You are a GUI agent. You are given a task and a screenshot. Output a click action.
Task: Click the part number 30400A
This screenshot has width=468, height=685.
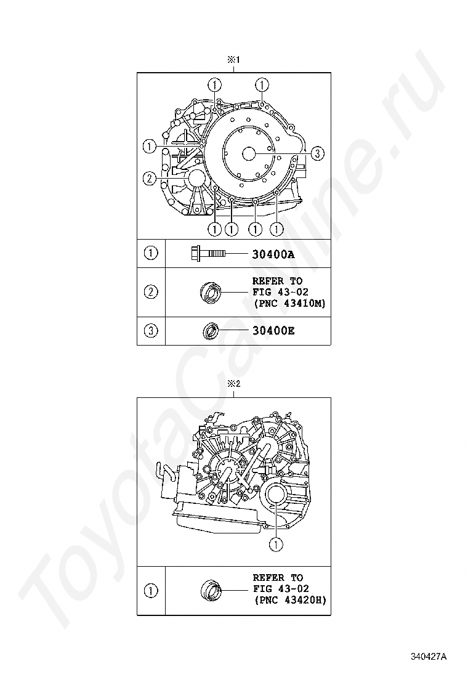[273, 253]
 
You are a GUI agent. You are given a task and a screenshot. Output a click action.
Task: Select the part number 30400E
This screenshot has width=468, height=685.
[273, 331]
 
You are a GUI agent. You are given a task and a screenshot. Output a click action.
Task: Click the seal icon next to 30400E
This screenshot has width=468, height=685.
[211, 331]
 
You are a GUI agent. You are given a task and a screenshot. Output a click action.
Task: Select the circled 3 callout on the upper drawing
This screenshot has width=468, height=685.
[316, 153]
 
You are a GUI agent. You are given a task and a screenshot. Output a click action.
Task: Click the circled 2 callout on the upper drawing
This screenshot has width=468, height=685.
[149, 179]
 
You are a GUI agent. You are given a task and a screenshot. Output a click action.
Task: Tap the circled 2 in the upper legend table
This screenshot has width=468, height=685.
[151, 292]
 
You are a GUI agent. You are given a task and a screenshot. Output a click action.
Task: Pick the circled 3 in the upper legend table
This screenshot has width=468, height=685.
[151, 331]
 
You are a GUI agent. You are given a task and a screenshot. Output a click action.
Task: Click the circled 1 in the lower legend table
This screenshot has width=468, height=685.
[151, 591]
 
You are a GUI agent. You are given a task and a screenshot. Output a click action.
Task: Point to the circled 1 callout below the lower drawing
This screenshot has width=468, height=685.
[276, 544]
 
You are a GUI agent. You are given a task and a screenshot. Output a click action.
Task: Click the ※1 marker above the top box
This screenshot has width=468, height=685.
[233, 60]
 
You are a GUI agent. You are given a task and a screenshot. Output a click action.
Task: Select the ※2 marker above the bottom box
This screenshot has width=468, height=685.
[233, 384]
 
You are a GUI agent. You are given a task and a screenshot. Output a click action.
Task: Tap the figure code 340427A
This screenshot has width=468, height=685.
[429, 657]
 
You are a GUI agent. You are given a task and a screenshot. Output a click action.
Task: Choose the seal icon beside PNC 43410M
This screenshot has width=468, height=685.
[211, 291]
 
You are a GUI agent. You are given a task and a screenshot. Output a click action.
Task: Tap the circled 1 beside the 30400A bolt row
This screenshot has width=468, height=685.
[151, 253]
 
